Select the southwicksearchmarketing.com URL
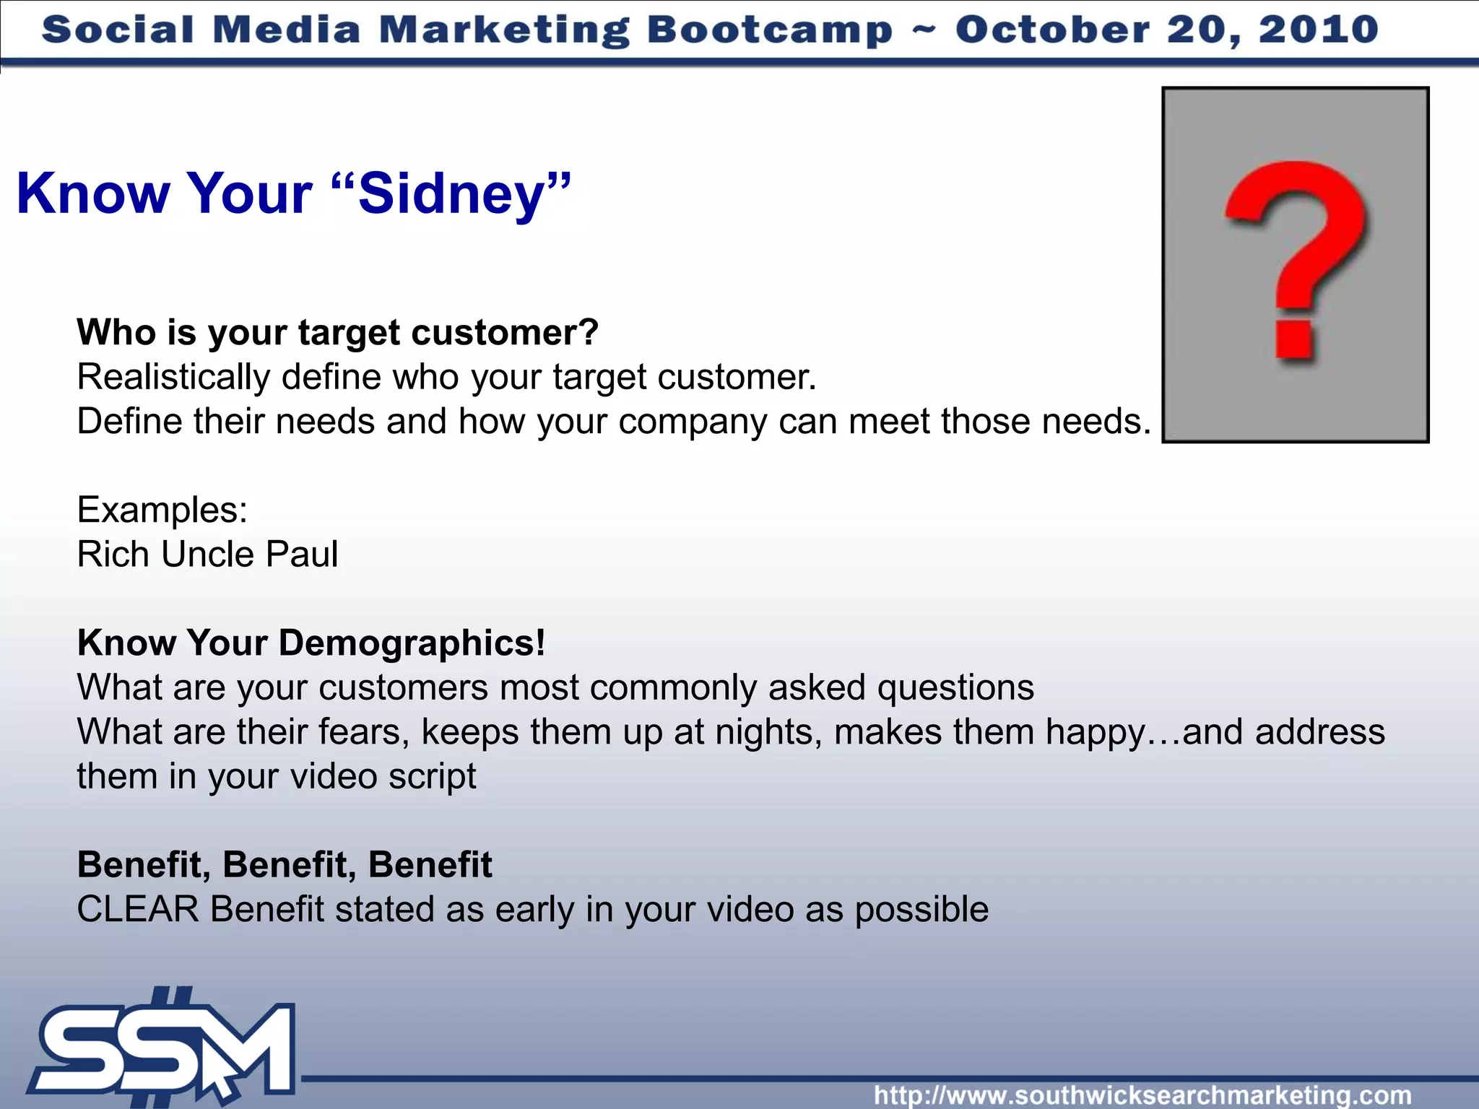point(1142,1095)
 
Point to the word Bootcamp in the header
point(769,30)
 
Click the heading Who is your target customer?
point(337,332)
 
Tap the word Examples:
point(162,510)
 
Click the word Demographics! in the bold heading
point(412,643)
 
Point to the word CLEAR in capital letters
point(137,909)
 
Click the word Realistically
point(173,377)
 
